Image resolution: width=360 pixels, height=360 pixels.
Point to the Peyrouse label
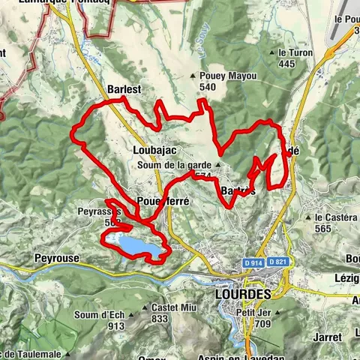tap(57, 258)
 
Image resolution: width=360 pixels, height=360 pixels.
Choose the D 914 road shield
tap(253, 262)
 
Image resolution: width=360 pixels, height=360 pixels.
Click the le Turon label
tap(294, 53)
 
